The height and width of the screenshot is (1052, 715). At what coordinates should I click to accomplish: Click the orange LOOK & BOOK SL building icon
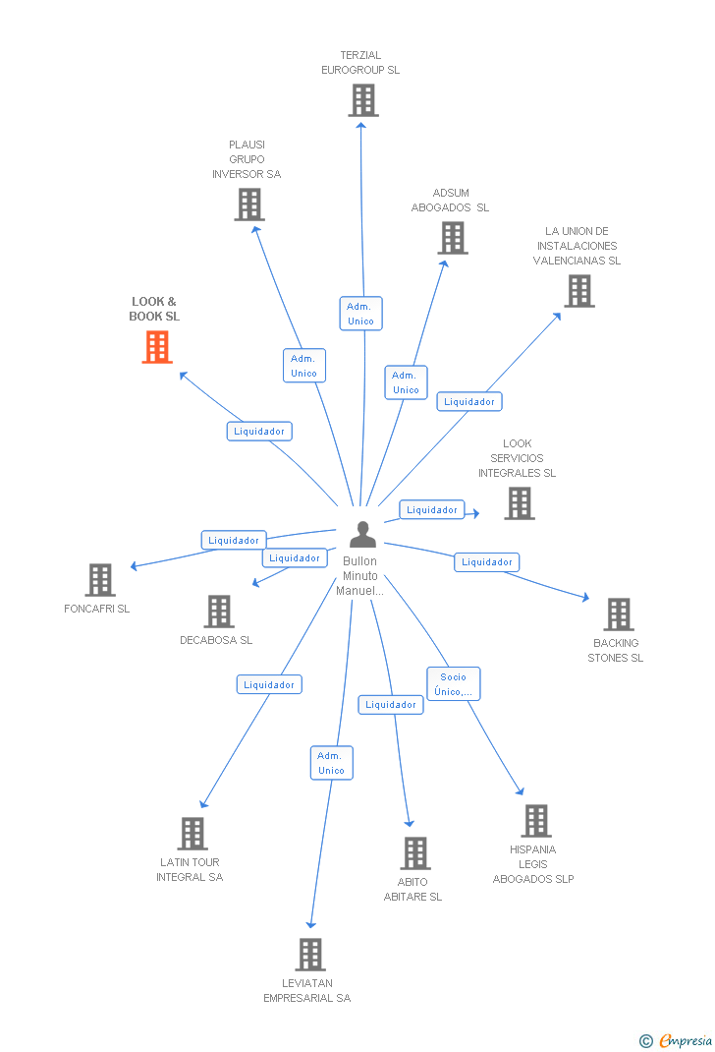click(x=157, y=347)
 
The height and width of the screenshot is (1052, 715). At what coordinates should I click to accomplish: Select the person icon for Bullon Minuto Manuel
click(x=362, y=535)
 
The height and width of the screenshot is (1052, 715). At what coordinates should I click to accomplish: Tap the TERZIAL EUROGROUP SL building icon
click(x=363, y=100)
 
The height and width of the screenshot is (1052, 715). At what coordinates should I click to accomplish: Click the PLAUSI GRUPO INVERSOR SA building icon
click(x=249, y=205)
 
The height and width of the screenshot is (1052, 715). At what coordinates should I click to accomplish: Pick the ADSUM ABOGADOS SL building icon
click(x=453, y=238)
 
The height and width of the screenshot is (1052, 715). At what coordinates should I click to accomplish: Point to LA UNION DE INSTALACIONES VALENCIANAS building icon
click(x=579, y=291)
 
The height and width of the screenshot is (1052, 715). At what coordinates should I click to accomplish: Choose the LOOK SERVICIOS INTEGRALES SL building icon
click(x=520, y=503)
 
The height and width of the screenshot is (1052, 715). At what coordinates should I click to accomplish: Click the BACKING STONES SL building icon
click(x=619, y=614)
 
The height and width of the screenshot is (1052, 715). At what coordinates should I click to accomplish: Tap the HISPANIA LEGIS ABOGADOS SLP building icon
click(x=536, y=821)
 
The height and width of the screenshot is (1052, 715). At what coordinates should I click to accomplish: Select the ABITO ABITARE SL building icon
click(x=415, y=853)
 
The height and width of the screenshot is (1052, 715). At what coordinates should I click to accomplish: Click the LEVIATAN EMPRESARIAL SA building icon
click(x=310, y=955)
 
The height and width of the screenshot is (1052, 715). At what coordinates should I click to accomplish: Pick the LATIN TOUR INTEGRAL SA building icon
click(x=192, y=834)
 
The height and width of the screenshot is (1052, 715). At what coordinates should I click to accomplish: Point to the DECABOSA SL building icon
click(x=219, y=612)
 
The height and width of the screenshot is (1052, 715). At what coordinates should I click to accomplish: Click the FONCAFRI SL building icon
click(x=100, y=580)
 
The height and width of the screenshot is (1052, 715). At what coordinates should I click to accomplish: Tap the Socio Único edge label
click(x=454, y=684)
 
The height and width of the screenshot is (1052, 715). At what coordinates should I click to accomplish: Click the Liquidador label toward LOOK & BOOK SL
click(x=260, y=431)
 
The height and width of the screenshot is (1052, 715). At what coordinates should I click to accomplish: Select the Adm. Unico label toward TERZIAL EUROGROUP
click(x=360, y=314)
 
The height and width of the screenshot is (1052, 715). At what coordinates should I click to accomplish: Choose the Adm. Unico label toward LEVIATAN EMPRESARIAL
click(x=332, y=763)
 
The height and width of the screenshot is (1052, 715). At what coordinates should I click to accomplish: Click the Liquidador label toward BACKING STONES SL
click(x=487, y=562)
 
